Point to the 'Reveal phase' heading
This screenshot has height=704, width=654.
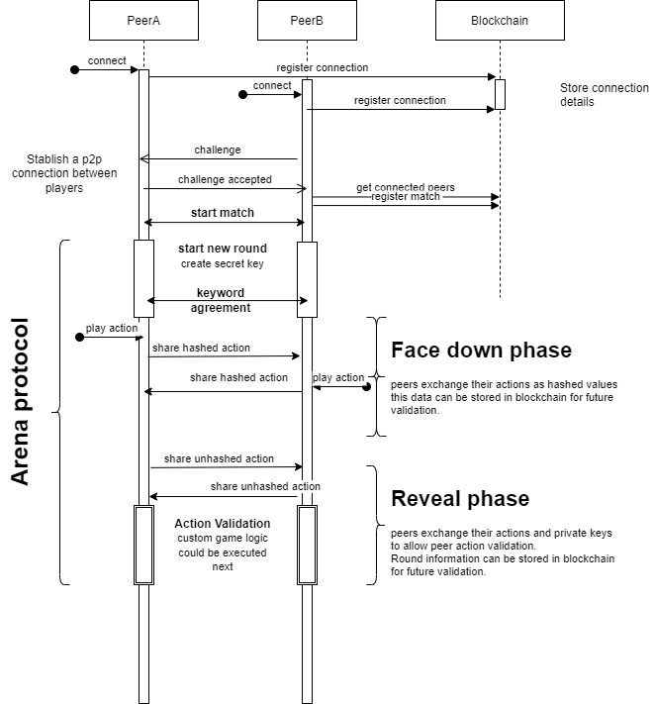click(x=460, y=498)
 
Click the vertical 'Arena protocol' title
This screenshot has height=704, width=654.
click(x=22, y=401)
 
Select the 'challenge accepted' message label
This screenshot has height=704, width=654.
click(x=225, y=180)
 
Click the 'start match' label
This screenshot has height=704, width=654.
click(x=223, y=213)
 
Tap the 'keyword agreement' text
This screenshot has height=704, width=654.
click(x=221, y=300)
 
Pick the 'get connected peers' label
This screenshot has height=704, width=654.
click(x=406, y=187)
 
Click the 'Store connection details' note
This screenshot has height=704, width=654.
click(x=604, y=95)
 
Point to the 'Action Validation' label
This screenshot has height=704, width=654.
click(x=223, y=524)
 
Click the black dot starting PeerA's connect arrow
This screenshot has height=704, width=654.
click(x=74, y=70)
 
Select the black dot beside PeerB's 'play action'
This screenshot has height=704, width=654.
click(x=367, y=387)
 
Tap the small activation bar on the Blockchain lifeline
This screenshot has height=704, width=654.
click(x=500, y=94)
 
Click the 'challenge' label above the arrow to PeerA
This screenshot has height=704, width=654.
click(x=218, y=151)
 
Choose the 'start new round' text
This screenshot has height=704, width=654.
click(x=223, y=248)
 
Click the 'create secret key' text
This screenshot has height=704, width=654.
click(x=223, y=264)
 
